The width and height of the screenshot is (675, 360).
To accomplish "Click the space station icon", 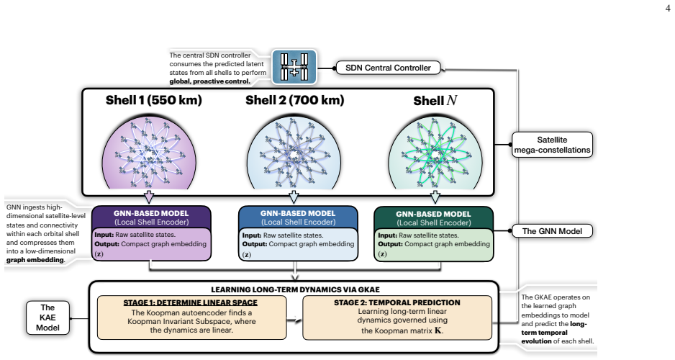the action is pos(294,67).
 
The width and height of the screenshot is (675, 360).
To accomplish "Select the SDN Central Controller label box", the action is pos(388,68).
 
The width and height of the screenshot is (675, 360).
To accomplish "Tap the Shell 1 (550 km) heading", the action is pos(154,100).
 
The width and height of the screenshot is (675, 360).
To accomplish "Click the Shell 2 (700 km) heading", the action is pos(295,100).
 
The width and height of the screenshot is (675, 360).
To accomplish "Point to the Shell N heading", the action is pos(435,101).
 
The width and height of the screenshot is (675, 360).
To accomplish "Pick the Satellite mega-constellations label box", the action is pos(552,145).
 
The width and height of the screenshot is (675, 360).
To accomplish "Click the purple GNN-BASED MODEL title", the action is pos(151,213).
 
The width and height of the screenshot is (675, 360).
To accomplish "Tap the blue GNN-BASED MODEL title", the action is pos(298,213).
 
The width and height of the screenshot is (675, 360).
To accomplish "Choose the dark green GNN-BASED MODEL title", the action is pos(433,214).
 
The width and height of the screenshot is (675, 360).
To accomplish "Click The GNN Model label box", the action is pos(552,231).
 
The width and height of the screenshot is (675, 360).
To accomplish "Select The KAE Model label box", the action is pos(47,318).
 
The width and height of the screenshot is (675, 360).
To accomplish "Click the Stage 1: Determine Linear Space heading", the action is pos(190,302).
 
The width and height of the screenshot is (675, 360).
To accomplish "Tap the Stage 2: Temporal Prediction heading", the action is pos(397,302).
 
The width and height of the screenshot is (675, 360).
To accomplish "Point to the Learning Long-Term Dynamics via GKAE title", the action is pos(295,290).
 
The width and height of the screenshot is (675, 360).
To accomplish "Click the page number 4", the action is pos(668,8).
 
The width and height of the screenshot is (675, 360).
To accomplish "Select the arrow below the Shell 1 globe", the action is pos(149,197).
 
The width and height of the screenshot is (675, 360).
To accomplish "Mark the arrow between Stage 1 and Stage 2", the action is pos(294,319).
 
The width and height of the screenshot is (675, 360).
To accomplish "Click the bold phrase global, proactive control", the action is pos(209,81).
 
